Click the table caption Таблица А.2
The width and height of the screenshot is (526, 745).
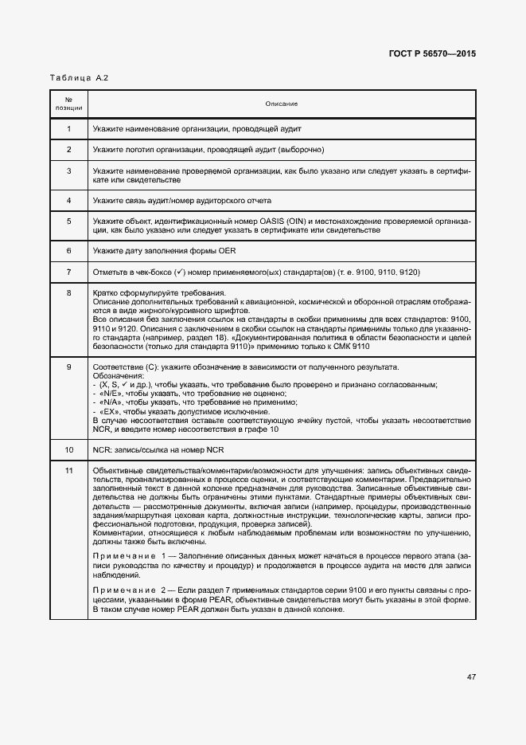tap(79, 77)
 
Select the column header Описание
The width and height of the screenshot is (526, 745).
tap(282, 104)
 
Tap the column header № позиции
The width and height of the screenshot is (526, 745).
tap(68, 104)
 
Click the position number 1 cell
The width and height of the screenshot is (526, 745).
tap(68, 129)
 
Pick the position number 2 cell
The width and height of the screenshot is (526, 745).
tap(68, 150)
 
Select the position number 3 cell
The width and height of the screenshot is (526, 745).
tap(68, 171)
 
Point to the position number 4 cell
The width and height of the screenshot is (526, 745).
tap(68, 200)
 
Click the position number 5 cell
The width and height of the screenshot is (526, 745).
tap(68, 221)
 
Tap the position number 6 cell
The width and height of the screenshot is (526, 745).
tap(68, 250)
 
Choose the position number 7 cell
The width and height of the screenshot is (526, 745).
tap(68, 272)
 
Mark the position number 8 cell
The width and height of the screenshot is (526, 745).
tap(68, 293)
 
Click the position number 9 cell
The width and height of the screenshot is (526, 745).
tap(68, 367)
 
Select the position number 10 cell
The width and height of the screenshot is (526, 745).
tap(68, 449)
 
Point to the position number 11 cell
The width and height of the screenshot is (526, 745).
tap(68, 471)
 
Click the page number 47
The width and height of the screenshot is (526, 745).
tap(471, 677)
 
